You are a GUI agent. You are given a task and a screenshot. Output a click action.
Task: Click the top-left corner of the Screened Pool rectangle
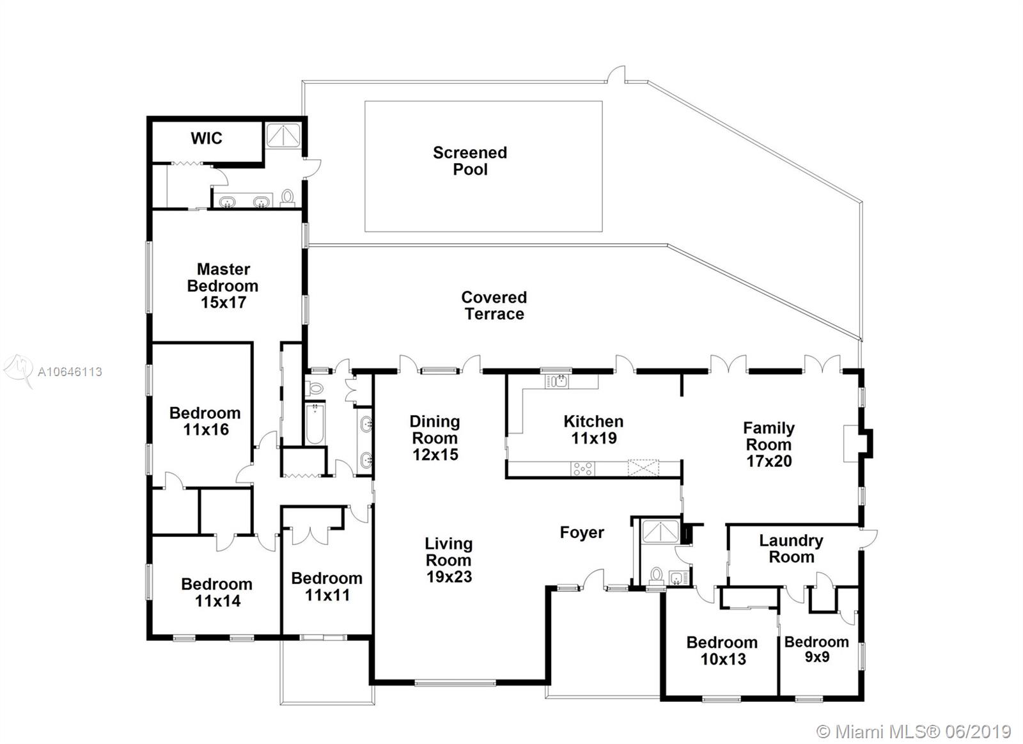(x=365, y=102)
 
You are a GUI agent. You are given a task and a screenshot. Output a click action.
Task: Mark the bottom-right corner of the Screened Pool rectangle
(x=602, y=232)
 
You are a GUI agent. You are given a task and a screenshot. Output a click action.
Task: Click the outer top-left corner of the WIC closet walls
(x=147, y=117)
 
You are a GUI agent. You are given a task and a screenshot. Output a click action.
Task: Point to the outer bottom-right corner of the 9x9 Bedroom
(x=864, y=700)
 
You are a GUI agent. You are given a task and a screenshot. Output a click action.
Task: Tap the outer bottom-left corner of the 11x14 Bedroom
(x=147, y=639)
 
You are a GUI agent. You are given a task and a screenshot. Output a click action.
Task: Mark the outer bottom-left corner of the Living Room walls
(x=370, y=684)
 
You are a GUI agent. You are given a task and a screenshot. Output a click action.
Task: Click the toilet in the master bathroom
(x=287, y=198)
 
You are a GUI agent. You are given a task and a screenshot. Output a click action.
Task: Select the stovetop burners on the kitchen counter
(x=583, y=468)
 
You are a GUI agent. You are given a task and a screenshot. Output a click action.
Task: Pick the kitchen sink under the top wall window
(x=557, y=381)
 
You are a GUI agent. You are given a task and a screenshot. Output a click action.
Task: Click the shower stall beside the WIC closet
(x=283, y=136)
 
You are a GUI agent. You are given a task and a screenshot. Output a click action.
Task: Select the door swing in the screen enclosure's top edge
(x=616, y=75)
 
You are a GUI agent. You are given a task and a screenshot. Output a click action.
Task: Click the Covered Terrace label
(x=494, y=306)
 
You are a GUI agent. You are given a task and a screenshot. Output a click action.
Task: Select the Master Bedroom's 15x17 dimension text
(x=223, y=303)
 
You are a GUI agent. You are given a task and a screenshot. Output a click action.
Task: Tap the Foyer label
(x=582, y=532)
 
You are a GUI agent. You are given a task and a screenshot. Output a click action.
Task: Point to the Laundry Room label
(x=791, y=549)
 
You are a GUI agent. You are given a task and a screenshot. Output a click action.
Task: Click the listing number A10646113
(x=70, y=372)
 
